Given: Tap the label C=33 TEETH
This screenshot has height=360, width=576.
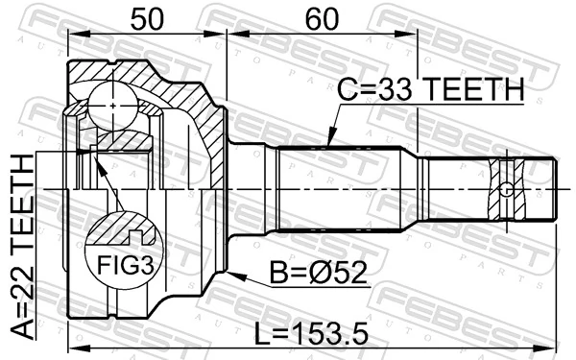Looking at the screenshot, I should pos(429,90).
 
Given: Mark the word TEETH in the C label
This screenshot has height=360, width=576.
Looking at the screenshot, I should pos(474,90).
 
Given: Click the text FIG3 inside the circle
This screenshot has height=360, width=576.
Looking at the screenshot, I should pos(120,260).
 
